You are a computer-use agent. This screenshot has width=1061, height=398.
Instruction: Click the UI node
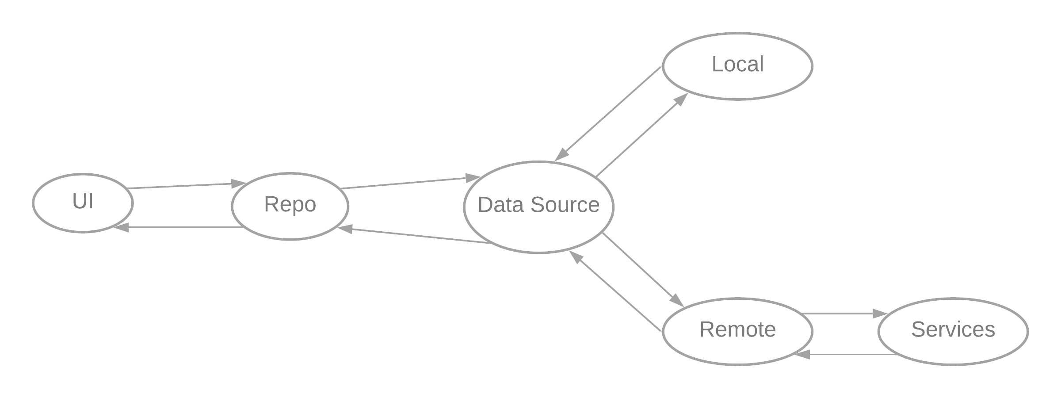point(83,203)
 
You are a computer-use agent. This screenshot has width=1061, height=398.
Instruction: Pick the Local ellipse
point(737,66)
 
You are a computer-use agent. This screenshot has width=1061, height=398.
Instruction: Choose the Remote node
point(737,331)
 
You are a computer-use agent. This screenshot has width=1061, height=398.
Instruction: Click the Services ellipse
point(953,331)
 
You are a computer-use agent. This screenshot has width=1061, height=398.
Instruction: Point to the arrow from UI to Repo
point(186,185)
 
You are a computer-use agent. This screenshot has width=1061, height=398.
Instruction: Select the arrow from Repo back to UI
point(181,228)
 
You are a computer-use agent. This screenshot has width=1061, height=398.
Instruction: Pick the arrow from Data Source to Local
point(641,135)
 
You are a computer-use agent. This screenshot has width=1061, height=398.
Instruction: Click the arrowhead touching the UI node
point(121,227)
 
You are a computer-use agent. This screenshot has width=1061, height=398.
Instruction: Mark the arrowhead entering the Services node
point(881,314)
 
